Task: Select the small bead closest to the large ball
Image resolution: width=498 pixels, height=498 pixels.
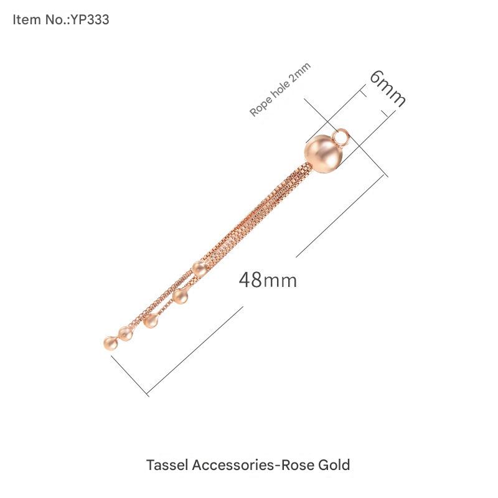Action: [x=199, y=269]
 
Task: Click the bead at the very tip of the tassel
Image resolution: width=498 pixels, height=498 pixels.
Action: [x=110, y=343]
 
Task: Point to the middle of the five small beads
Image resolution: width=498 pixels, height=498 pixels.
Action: [x=151, y=321]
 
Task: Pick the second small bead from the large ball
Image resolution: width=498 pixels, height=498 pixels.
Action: [x=181, y=296]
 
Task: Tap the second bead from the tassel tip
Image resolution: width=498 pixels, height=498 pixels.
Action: [x=126, y=334]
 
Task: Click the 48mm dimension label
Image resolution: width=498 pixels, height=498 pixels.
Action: [x=268, y=280]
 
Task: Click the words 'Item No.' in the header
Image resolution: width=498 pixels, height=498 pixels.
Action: [x=40, y=20]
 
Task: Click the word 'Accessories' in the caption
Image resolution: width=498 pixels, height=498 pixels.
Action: [x=228, y=465]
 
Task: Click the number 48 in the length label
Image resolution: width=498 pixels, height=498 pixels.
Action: [x=250, y=280]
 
